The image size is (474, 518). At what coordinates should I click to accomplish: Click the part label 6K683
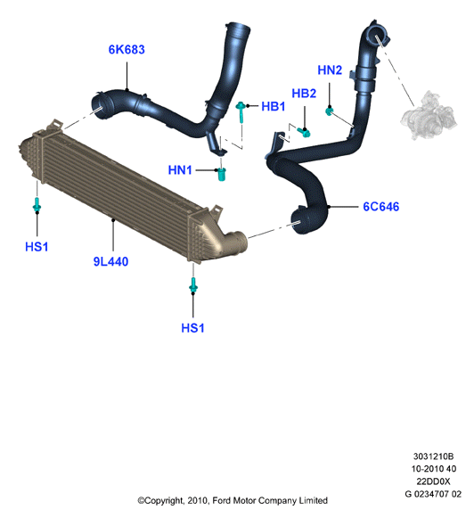coord(127,50)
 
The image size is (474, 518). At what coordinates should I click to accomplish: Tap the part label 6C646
coord(381,207)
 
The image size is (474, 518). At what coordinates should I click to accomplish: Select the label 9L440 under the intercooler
coord(110,261)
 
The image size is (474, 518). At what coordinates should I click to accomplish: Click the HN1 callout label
coord(180,169)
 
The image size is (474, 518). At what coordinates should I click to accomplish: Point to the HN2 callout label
coord(330,70)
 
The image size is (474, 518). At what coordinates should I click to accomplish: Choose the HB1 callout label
coord(273,106)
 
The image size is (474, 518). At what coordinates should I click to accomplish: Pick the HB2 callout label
coord(304,93)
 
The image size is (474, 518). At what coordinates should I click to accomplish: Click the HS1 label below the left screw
coord(37,246)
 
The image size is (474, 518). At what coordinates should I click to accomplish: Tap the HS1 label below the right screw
coord(192,328)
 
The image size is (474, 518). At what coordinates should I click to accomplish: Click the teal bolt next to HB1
coord(241,111)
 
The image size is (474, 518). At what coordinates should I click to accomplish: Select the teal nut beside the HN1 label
coord(221,174)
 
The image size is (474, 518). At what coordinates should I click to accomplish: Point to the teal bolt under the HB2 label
coord(304,133)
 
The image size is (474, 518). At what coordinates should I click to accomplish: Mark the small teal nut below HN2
coord(329,111)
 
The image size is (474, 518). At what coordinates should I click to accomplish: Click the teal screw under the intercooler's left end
coord(37,204)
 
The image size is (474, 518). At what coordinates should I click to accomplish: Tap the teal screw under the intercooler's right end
coord(193,285)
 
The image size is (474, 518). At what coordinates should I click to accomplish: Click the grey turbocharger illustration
coord(429,114)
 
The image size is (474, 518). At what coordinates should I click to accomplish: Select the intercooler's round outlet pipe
coord(237,243)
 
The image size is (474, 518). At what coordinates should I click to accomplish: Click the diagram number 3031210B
coord(433,456)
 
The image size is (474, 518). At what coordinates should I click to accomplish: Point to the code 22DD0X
coord(433,481)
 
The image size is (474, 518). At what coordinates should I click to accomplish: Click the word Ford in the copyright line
coord(222,500)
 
